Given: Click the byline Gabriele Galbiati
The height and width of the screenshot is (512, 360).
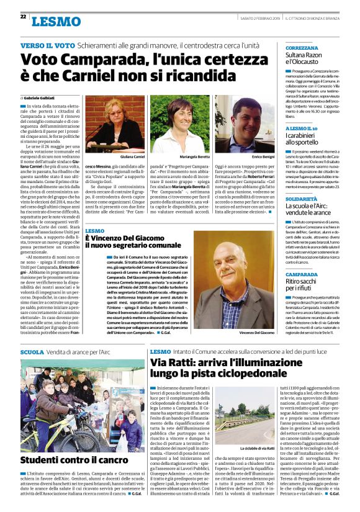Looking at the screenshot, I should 38,99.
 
